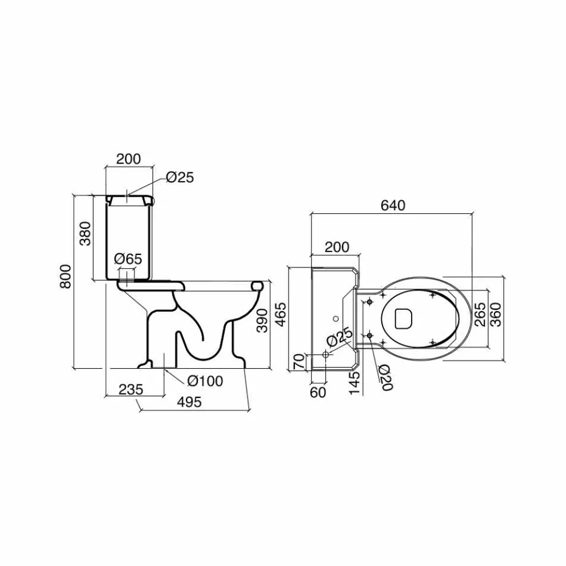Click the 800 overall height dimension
66,276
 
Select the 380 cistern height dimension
86,234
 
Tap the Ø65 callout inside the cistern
128,258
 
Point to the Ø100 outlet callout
205,380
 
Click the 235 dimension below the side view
131,389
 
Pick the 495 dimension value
189,402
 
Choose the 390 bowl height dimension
262,321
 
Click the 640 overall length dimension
393,205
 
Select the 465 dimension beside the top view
281,315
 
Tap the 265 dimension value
480,315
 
